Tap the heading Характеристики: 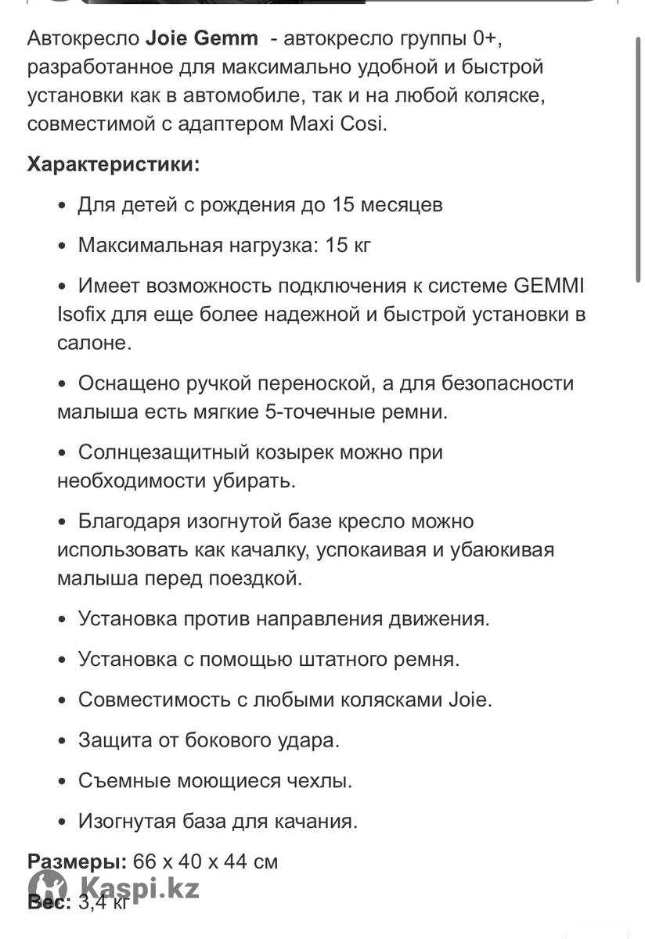pyautogui.click(x=114, y=164)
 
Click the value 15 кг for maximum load pyautogui.click(x=348, y=245)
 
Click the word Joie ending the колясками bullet pyautogui.click(x=470, y=699)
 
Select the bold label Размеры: pyautogui.click(x=77, y=862)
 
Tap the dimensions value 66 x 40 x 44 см pyautogui.click(x=206, y=862)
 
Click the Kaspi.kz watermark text pyautogui.click(x=139, y=888)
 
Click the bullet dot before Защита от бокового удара pyautogui.click(x=63, y=740)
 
